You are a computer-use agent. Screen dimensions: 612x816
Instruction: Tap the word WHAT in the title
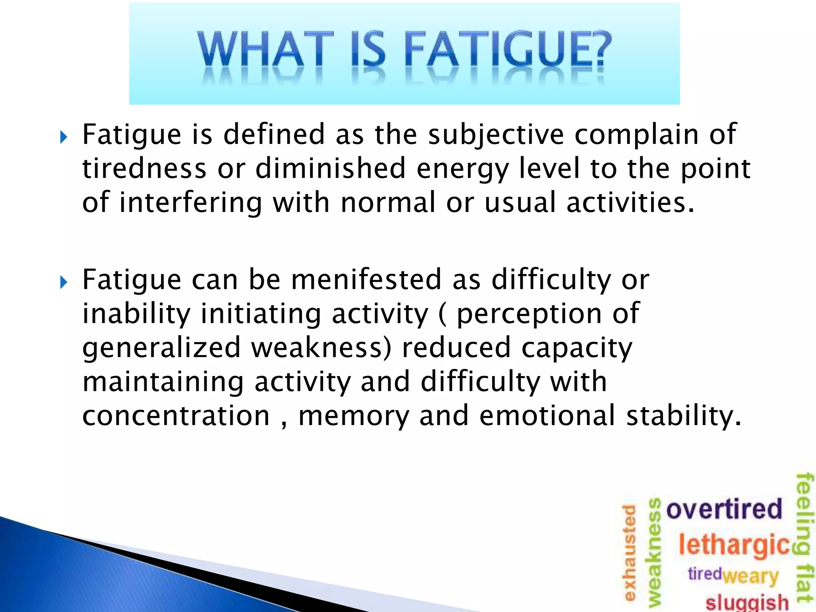(x=265, y=50)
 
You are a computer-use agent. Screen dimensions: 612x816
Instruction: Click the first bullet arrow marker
(x=63, y=138)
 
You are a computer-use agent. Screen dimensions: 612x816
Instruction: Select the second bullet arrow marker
(x=63, y=283)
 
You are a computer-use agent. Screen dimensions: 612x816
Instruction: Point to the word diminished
(x=330, y=169)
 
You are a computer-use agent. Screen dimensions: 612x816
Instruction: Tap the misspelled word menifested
(x=366, y=280)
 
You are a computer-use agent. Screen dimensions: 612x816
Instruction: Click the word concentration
(x=176, y=416)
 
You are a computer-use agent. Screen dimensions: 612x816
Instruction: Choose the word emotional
(x=547, y=416)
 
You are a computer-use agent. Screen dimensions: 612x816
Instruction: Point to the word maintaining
(x=163, y=382)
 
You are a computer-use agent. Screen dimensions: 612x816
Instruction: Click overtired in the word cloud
(x=724, y=509)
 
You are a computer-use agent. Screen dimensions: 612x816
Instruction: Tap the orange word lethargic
(x=734, y=545)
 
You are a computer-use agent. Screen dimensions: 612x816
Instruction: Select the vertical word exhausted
(x=629, y=552)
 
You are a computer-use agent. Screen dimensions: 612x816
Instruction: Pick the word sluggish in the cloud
(x=747, y=602)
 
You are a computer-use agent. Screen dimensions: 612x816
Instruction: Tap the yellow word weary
(x=751, y=576)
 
